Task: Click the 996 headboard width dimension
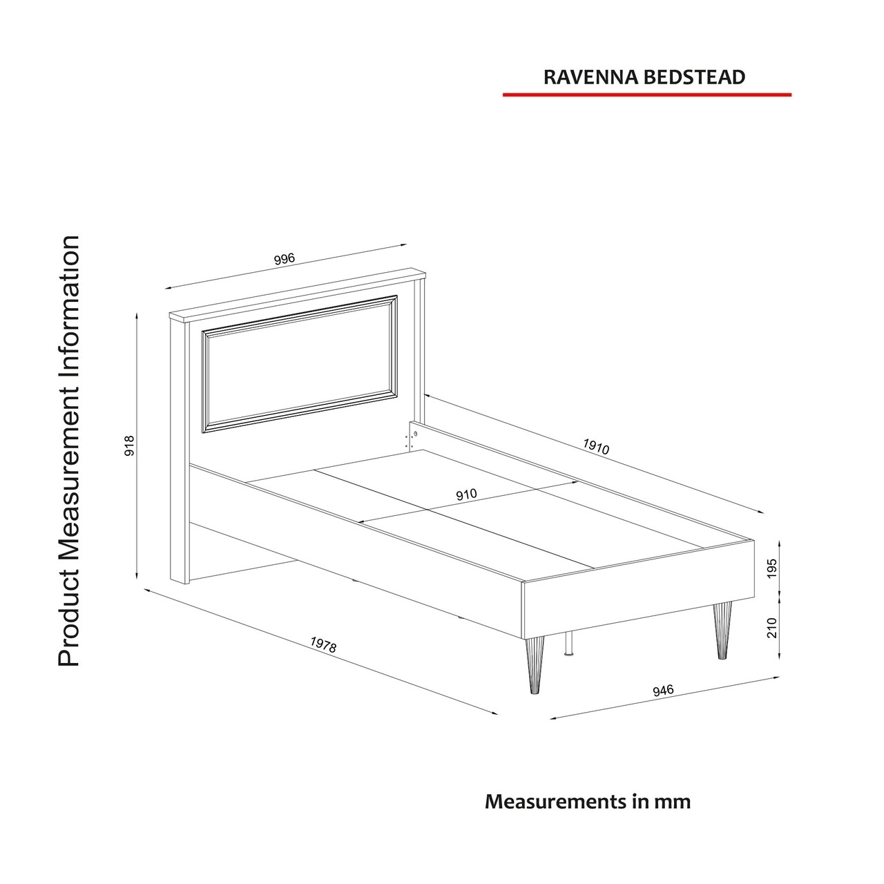point(285,259)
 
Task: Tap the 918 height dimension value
point(129,445)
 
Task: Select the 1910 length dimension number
point(596,446)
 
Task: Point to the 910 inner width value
point(467,494)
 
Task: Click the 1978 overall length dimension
point(323,644)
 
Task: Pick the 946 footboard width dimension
point(663,703)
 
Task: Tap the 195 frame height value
point(771,568)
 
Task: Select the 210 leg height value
point(771,628)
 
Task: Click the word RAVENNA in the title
point(592,77)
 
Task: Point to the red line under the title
point(647,95)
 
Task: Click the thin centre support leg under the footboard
point(569,643)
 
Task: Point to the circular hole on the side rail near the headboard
point(416,434)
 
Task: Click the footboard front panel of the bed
point(639,590)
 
